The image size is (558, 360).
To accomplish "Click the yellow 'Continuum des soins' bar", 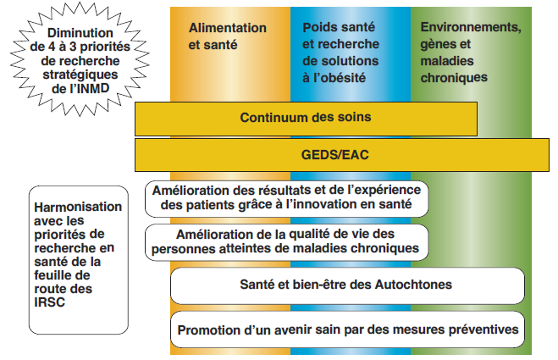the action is click(x=306, y=119).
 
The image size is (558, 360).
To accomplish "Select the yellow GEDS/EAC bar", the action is click(x=341, y=155).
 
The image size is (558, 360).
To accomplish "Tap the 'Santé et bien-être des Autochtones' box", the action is click(x=347, y=285).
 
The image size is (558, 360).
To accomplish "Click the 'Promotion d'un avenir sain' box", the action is click(x=347, y=330).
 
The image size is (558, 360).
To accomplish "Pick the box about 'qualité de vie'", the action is click(x=286, y=242).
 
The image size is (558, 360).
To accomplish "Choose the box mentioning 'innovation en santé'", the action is click(x=286, y=199).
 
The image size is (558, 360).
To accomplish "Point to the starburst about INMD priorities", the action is click(x=80, y=59).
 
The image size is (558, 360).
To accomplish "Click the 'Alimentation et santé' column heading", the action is click(x=228, y=36).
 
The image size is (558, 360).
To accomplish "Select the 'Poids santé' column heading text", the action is click(x=340, y=53).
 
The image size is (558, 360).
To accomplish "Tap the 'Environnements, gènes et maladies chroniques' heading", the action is click(x=471, y=53).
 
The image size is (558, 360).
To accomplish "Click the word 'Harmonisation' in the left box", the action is click(x=78, y=207).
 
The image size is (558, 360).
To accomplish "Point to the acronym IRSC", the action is click(x=49, y=302).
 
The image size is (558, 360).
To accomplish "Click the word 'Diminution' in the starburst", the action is click(x=80, y=33).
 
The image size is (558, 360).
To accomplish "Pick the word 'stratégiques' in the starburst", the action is click(x=80, y=75).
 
